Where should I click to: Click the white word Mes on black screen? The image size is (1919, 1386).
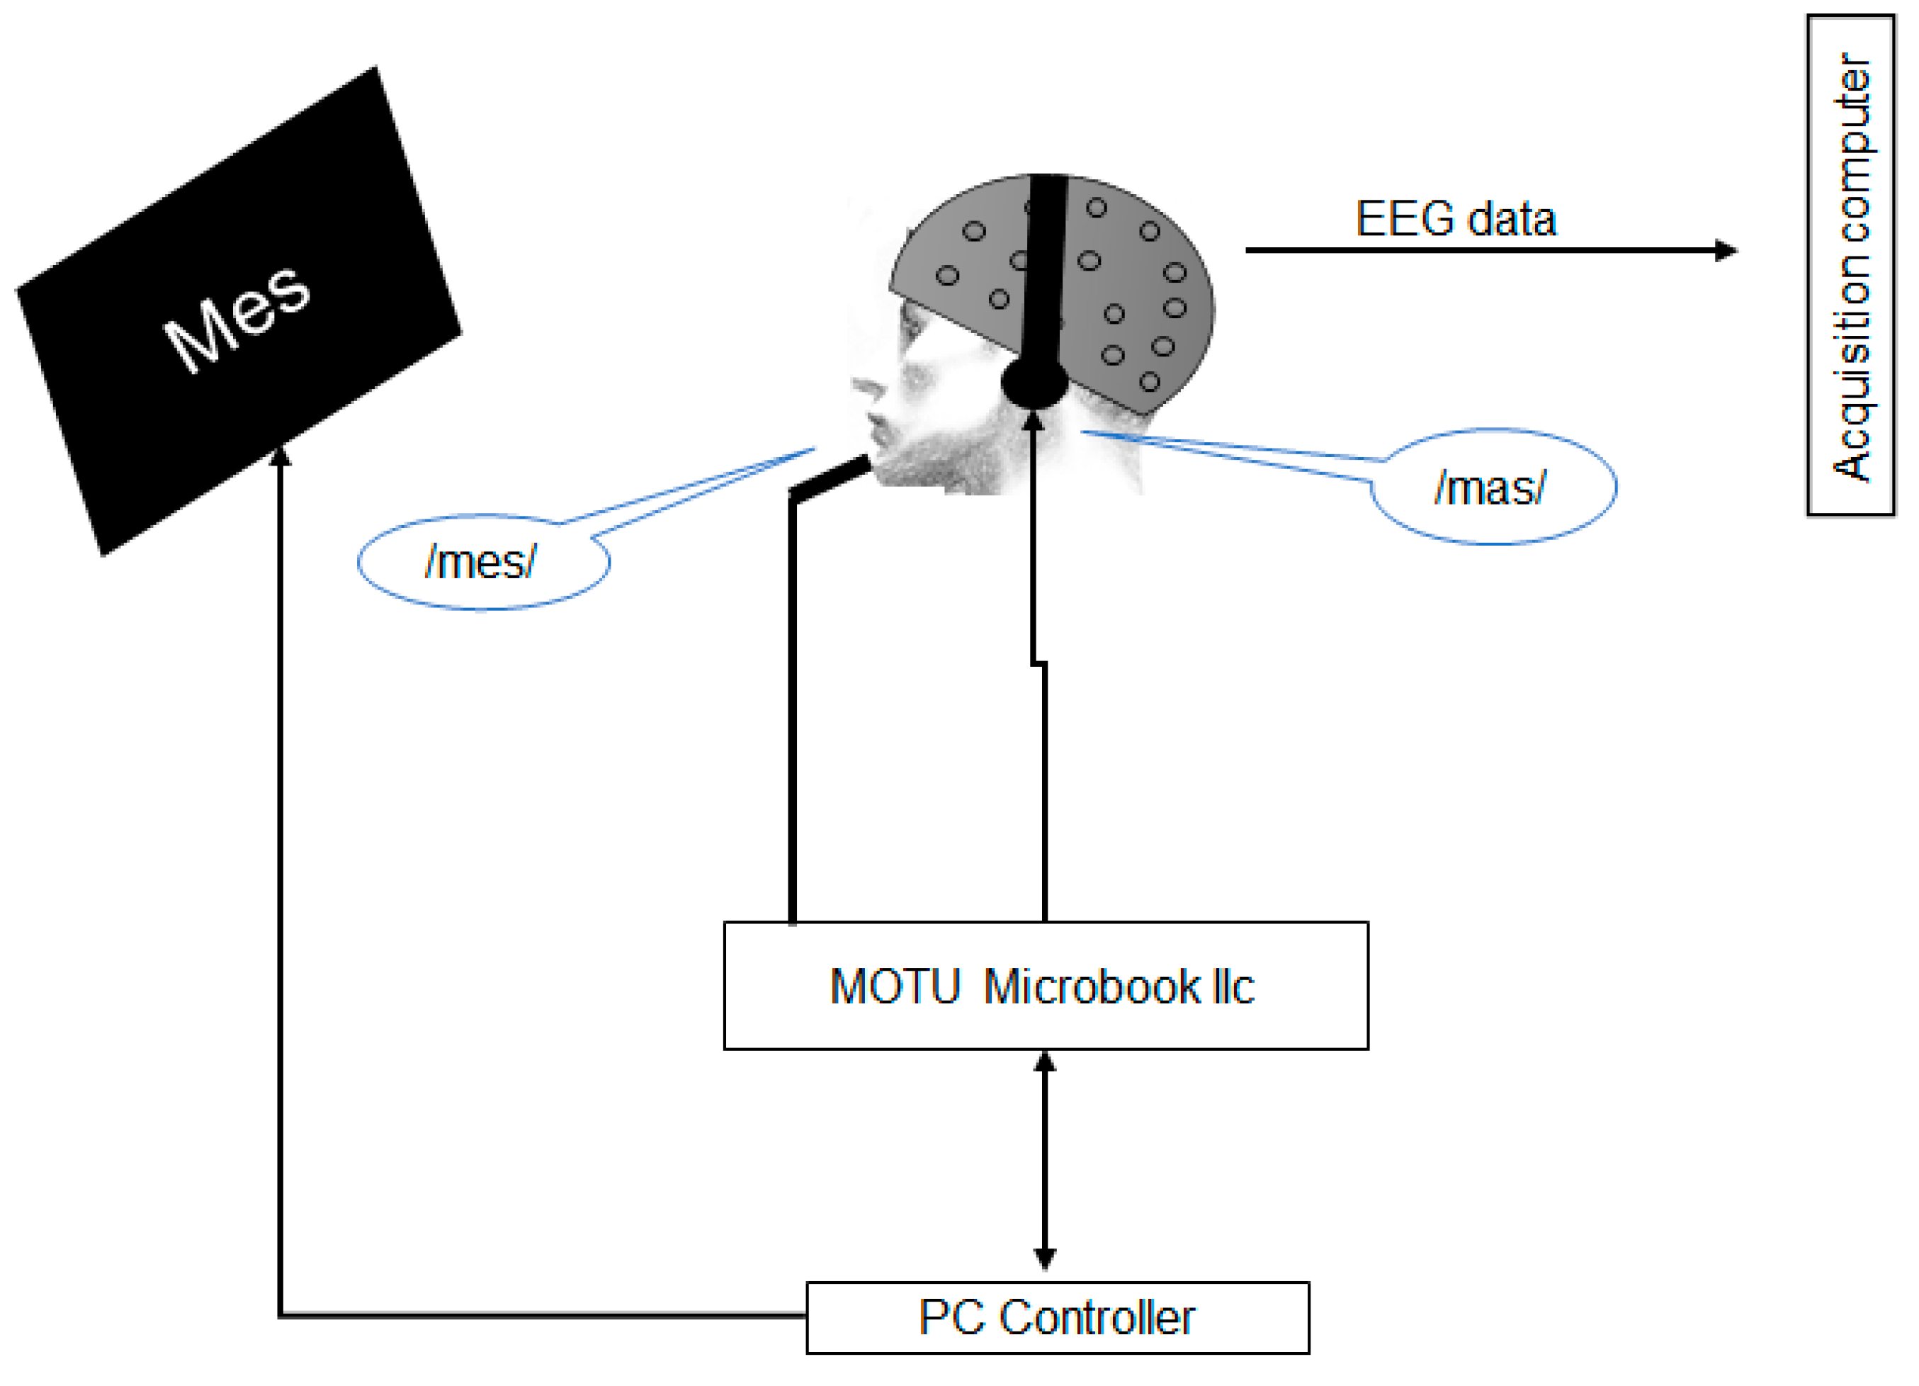(x=237, y=317)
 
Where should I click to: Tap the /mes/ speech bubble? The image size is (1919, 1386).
(x=482, y=562)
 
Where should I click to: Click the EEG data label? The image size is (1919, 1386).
(x=1455, y=219)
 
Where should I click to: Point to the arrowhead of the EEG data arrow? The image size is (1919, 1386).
(x=1726, y=250)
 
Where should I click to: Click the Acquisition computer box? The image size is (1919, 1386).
(x=1850, y=265)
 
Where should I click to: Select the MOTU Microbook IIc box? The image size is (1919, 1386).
(x=1046, y=986)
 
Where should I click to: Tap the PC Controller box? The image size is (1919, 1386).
(x=1058, y=1317)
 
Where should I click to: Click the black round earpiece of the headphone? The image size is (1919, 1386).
(x=1034, y=383)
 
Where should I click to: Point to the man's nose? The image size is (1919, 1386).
(x=865, y=389)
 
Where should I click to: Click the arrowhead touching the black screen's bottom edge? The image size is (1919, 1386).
(x=280, y=457)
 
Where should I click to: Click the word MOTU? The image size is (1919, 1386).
(x=895, y=986)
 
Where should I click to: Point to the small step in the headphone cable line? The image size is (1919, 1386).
(x=1039, y=663)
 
